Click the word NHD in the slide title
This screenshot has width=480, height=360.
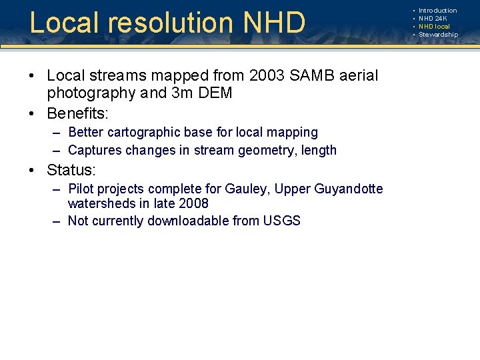pos(275,22)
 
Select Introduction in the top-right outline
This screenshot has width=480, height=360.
pos(437,11)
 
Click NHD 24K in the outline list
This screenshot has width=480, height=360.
pos(433,19)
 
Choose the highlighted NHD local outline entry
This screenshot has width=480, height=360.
pos(434,27)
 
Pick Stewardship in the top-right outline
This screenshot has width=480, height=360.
pos(438,35)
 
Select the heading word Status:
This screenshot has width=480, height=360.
pos(71,170)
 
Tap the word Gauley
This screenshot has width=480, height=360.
pos(246,189)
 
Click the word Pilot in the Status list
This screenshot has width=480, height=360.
pos(82,189)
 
